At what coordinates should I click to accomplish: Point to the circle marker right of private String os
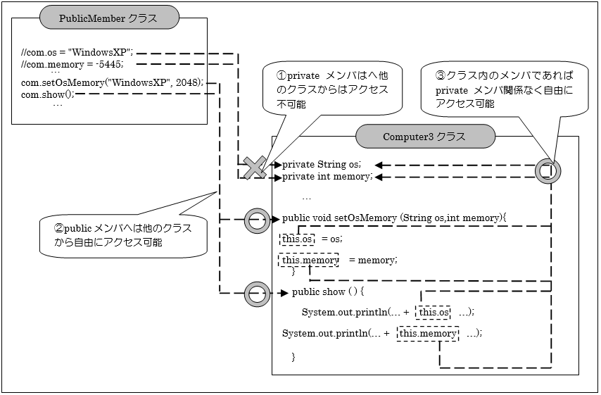(x=548, y=170)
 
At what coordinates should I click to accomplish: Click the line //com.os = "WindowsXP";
(x=77, y=52)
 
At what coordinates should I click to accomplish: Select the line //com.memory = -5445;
(x=72, y=64)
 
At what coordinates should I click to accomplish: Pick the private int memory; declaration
(x=327, y=177)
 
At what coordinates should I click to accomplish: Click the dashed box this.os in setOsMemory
(x=297, y=239)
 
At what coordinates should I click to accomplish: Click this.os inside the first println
(x=433, y=312)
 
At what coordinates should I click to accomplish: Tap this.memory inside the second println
(x=428, y=333)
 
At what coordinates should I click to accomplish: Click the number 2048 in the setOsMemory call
(x=188, y=82)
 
